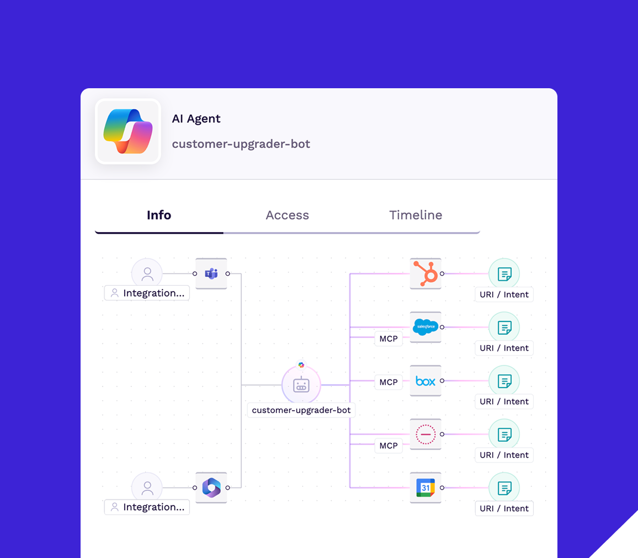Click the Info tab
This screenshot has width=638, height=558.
pyautogui.click(x=159, y=215)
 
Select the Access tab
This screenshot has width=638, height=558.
pyautogui.click(x=287, y=215)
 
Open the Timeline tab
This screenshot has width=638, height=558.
pyautogui.click(x=416, y=215)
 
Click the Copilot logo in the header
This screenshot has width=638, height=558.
pyautogui.click(x=128, y=131)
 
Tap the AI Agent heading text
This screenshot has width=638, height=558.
pyautogui.click(x=196, y=119)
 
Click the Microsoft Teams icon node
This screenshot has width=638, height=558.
pyautogui.click(x=211, y=273)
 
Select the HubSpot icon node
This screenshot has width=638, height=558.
pyautogui.click(x=426, y=273)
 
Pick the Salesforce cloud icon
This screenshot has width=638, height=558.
pyautogui.click(x=426, y=327)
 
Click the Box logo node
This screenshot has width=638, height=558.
pyautogui.click(x=426, y=380)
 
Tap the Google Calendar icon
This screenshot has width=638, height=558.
pyautogui.click(x=426, y=487)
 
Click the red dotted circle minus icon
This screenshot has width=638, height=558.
pyautogui.click(x=426, y=434)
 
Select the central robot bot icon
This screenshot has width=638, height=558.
pyautogui.click(x=301, y=385)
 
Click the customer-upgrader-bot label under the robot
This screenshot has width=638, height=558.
pyautogui.click(x=301, y=410)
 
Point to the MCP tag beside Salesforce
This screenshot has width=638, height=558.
pyautogui.click(x=389, y=339)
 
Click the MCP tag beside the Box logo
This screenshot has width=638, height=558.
pyautogui.click(x=389, y=382)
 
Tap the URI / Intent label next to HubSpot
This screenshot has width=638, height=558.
pyautogui.click(x=504, y=294)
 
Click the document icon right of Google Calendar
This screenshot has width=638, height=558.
pyautogui.click(x=504, y=488)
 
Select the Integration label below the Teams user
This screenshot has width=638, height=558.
pyautogui.click(x=147, y=293)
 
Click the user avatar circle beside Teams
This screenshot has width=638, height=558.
pyautogui.click(x=147, y=273)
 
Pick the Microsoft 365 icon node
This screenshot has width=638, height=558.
pyautogui.click(x=211, y=487)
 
